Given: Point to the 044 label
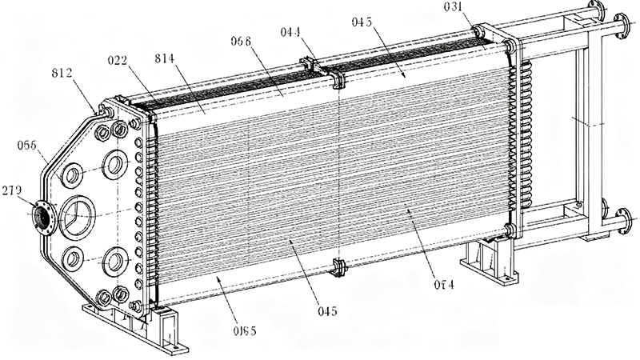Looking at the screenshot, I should coord(290,33).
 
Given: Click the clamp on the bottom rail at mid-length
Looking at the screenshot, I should coord(337,267).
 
